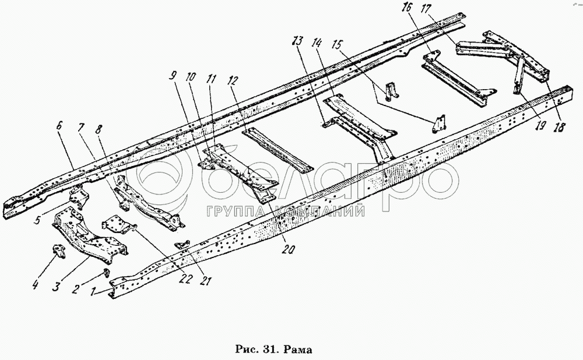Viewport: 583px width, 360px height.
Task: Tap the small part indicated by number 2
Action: pyautogui.click(x=107, y=273)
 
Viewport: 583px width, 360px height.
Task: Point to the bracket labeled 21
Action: pyautogui.click(x=182, y=244)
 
